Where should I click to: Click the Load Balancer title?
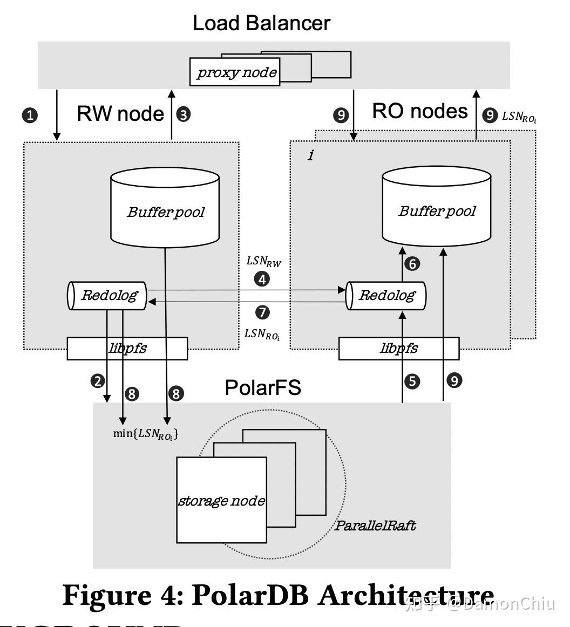262,23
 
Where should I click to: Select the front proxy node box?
236,72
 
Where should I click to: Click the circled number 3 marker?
184,114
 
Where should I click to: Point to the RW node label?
120,114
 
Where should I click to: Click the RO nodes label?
419,111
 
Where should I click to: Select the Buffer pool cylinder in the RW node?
165,207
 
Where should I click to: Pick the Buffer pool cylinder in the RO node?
437,206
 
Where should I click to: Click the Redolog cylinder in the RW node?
107,295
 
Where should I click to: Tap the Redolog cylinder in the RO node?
386,295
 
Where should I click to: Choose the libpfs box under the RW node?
127,349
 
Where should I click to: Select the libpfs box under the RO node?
399,349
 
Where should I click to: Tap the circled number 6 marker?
412,264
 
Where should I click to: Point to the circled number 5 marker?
412,381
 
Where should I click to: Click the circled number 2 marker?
98,381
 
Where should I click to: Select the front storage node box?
222,500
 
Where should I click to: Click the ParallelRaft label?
375,526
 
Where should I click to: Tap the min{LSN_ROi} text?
145,433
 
